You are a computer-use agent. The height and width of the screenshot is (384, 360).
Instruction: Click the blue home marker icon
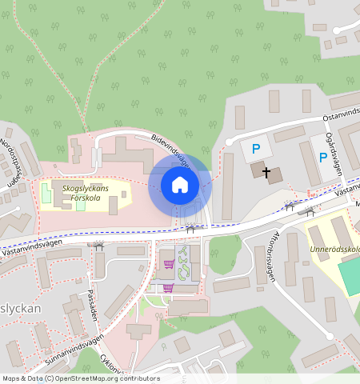click(x=180, y=185)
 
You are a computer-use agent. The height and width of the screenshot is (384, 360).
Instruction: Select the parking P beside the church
click(x=256, y=150)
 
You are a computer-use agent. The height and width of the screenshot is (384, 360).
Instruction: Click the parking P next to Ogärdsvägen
click(x=322, y=158)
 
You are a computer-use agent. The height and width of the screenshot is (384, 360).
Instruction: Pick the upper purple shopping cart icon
click(x=169, y=263)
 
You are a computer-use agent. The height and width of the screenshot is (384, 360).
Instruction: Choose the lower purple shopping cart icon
click(x=168, y=287)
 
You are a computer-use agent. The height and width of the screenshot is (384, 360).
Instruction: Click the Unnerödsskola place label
click(x=332, y=248)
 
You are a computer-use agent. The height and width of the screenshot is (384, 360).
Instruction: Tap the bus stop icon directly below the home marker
click(x=190, y=229)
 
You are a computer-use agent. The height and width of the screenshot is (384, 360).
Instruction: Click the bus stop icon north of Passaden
click(x=99, y=246)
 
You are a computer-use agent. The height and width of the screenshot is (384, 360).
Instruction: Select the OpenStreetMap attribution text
click(x=80, y=378)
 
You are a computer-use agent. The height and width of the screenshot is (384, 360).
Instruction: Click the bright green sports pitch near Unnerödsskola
click(x=350, y=276)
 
